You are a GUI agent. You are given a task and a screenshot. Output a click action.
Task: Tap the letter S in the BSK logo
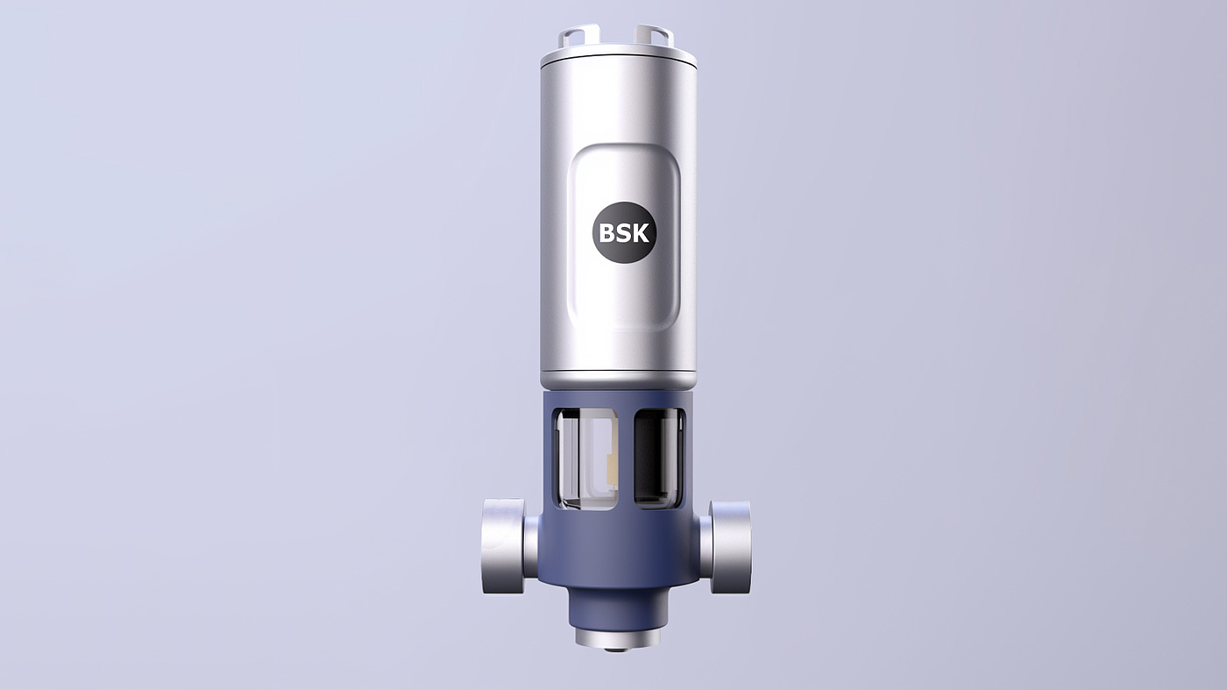coord(624,233)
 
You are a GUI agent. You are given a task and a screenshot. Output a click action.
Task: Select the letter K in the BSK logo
coord(642,233)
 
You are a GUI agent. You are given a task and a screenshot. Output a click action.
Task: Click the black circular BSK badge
coord(624,233)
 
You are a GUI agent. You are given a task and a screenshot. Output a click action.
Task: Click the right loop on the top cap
coord(656,35)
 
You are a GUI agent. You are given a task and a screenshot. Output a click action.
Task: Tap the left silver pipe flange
coord(504,546)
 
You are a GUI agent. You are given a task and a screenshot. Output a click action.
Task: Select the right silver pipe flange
coord(731,546)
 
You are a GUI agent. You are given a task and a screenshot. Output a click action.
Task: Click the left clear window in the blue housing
coord(586,459)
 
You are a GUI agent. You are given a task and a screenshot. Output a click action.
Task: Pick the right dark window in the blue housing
coord(659,457)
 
